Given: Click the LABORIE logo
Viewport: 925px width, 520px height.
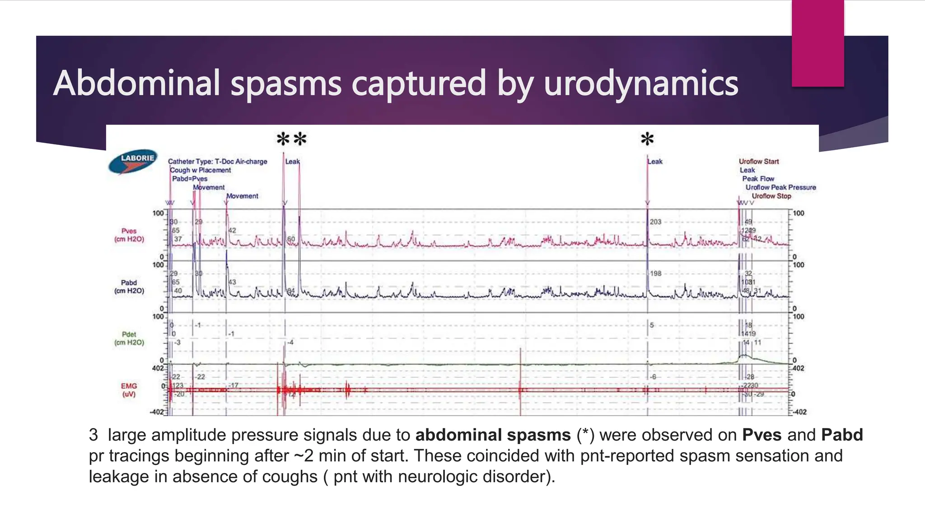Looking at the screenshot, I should point(133,161).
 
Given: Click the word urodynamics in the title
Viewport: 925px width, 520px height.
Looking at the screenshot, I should point(641,84).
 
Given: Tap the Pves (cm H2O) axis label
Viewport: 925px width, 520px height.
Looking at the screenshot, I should point(129,235).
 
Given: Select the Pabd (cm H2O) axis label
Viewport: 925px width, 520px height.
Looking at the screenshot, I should point(129,287).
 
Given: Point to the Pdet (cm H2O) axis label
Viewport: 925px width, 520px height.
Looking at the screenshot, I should point(129,338).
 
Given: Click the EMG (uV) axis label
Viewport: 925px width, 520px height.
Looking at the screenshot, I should point(129,390).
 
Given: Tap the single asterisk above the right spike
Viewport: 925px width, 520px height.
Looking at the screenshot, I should point(647,139).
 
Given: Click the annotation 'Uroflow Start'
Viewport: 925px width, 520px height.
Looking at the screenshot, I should point(759,162).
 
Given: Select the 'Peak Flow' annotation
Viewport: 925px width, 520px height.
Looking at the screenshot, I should point(758,179).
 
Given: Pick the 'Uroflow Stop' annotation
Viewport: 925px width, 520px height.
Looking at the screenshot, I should point(771,196).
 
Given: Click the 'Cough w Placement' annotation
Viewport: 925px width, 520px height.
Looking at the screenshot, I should point(201,170).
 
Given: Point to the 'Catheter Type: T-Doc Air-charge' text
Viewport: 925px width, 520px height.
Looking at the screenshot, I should point(218,162).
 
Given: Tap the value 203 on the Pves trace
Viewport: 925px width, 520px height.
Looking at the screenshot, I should point(655,222).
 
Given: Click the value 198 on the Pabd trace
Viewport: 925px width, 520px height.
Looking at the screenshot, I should point(655,274).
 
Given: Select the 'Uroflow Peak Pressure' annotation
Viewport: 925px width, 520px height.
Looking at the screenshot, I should point(780,187).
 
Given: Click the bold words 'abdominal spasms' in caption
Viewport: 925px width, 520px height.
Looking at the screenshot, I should point(493,435).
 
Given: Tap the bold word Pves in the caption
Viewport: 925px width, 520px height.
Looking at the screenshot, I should point(762,435).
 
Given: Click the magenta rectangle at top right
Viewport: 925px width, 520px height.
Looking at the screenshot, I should point(818,43).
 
